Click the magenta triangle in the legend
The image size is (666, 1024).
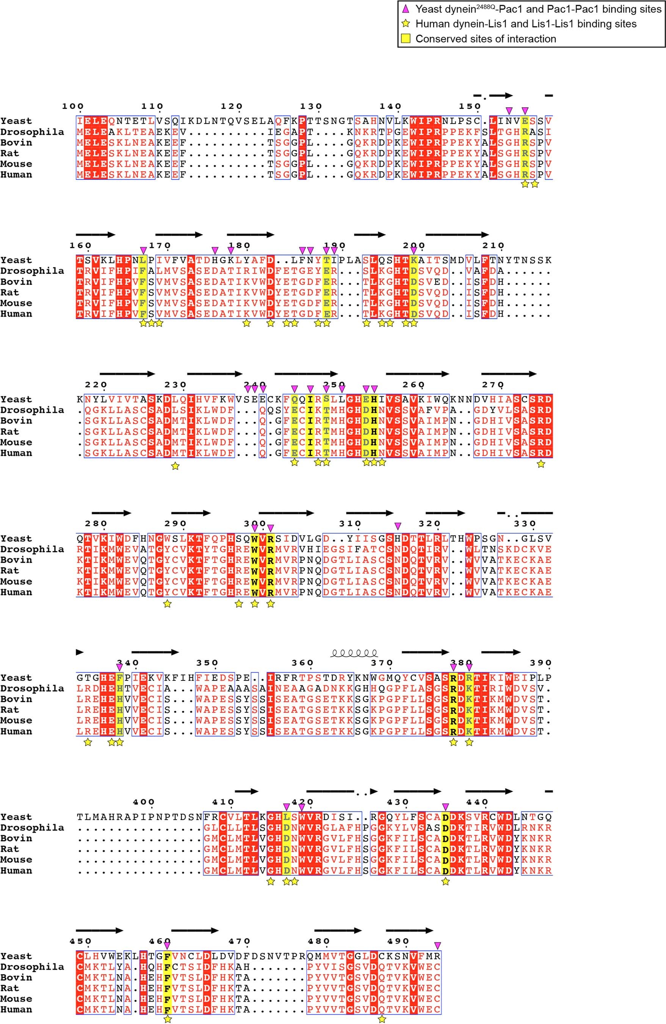coord(406,9)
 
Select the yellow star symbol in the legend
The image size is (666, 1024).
coord(406,24)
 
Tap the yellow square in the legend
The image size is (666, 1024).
coord(406,39)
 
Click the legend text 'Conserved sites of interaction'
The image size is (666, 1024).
coord(486,39)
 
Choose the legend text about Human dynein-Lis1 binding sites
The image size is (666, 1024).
coord(526,24)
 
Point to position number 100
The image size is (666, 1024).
coord(73,106)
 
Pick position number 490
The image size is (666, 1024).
coord(398,941)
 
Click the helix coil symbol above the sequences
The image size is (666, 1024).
coord(354,653)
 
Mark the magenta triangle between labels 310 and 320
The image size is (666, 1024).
coord(398,526)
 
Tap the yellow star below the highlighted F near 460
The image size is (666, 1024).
coord(168,1019)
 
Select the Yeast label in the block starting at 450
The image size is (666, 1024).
coord(16,956)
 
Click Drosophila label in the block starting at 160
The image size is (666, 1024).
coord(32,271)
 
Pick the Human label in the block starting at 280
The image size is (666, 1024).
coord(16,592)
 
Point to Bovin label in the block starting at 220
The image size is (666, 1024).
coord(16,421)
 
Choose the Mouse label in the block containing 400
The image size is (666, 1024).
coord(16,860)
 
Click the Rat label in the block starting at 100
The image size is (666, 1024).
coord(10,153)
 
